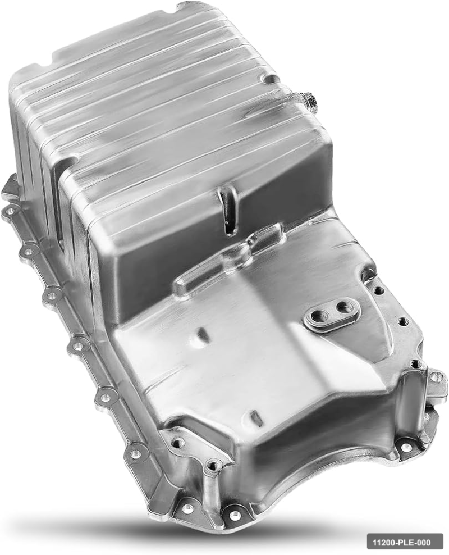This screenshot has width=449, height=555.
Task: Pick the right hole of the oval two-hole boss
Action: coord(342,307)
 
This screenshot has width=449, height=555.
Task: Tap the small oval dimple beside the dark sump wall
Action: coord(202,334)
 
